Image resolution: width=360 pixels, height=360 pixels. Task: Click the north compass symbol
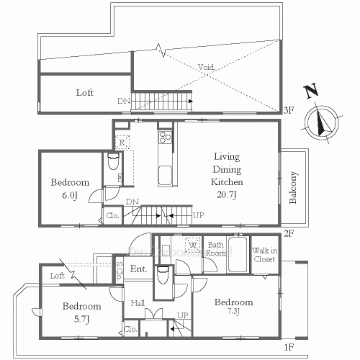318,120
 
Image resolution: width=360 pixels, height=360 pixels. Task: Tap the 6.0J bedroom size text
69,197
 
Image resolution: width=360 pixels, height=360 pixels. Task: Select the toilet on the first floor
163,275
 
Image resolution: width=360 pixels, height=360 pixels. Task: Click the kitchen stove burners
165,137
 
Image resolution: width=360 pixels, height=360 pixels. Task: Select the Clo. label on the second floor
113,215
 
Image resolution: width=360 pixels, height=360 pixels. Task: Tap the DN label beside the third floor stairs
123,102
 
